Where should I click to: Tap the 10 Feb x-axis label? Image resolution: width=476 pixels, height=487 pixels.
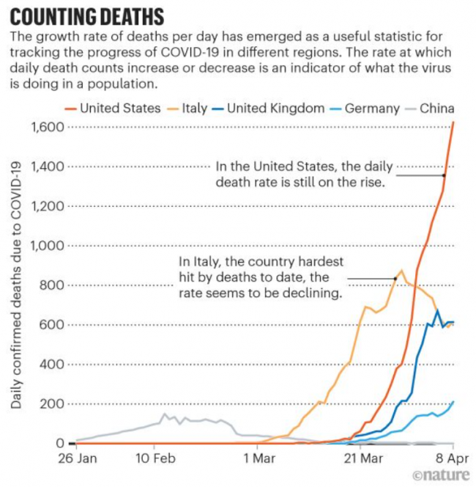pyautogui.click(x=155, y=459)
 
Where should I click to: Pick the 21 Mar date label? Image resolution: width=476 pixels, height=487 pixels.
pyautogui.click(x=363, y=459)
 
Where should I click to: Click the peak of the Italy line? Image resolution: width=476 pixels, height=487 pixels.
pyautogui.click(x=401, y=270)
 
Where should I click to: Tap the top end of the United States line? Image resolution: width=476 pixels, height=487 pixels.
pyautogui.click(x=454, y=122)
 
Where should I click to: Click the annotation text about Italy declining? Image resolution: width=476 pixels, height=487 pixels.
pyautogui.click(x=261, y=277)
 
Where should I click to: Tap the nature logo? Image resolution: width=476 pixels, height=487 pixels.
pyautogui.click(x=441, y=475)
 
